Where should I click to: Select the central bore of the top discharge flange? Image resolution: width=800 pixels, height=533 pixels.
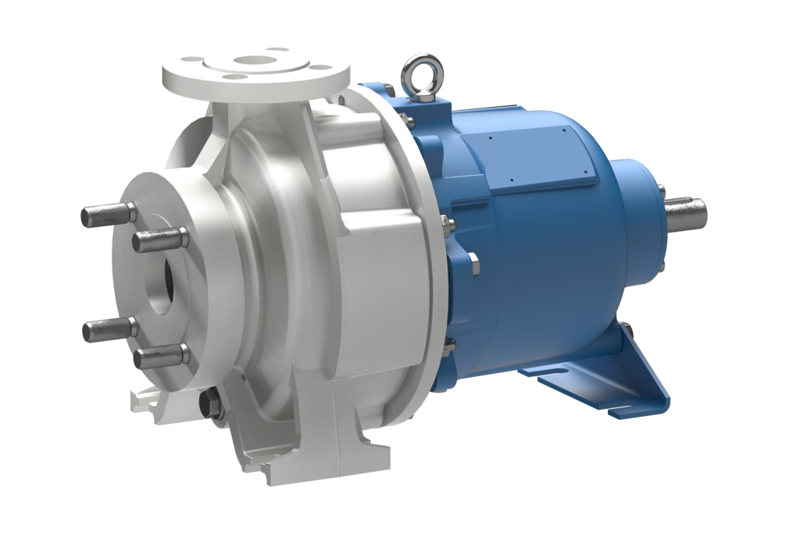click(x=254, y=59)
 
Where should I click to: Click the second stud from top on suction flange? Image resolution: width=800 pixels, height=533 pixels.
click(x=160, y=239)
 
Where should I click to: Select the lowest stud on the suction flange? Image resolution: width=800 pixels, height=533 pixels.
click(x=160, y=357)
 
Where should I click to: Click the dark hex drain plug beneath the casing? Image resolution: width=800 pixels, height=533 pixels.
click(x=212, y=404)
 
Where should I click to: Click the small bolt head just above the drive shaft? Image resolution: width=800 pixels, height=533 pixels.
click(x=661, y=190)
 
